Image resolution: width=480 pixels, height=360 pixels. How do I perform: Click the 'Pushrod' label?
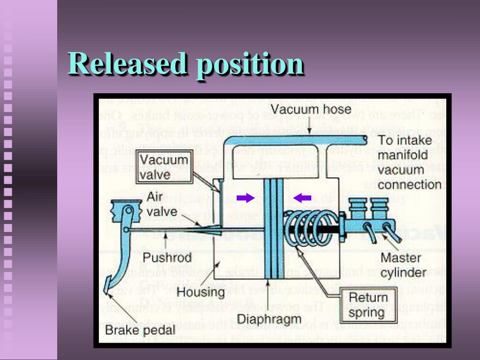[167, 257]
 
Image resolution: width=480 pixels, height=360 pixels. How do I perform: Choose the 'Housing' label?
[201, 292]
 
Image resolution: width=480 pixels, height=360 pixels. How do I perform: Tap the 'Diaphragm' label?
[269, 319]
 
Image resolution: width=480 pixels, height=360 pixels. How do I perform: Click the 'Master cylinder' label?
[403, 265]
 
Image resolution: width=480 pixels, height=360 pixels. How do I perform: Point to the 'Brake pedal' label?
[140, 330]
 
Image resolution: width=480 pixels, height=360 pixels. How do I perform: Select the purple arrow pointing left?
[302, 198]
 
